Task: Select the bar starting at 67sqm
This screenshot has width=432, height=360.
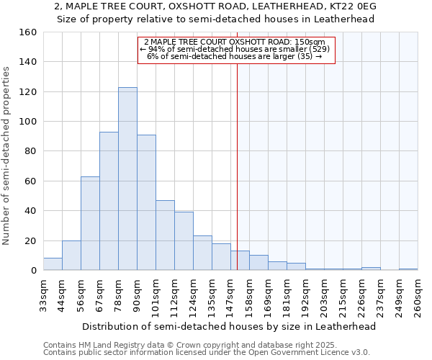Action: click(109, 201)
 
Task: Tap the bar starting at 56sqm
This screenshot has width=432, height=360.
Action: click(90, 223)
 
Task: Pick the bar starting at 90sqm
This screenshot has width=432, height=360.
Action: click(146, 202)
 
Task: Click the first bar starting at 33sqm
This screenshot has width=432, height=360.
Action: click(53, 264)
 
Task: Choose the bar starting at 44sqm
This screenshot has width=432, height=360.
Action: click(71, 256)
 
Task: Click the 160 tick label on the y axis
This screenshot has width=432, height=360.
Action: click(28, 32)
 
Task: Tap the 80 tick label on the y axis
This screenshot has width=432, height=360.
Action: click(30, 151)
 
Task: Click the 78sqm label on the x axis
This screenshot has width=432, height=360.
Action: click(118, 294)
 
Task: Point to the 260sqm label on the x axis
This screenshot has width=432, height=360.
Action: click(418, 296)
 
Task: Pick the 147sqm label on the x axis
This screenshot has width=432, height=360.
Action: click(230, 296)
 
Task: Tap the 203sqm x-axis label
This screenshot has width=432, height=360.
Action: click(324, 296)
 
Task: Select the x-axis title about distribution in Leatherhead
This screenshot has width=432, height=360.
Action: click(230, 326)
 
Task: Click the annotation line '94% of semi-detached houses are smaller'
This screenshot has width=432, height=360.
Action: click(237, 49)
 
